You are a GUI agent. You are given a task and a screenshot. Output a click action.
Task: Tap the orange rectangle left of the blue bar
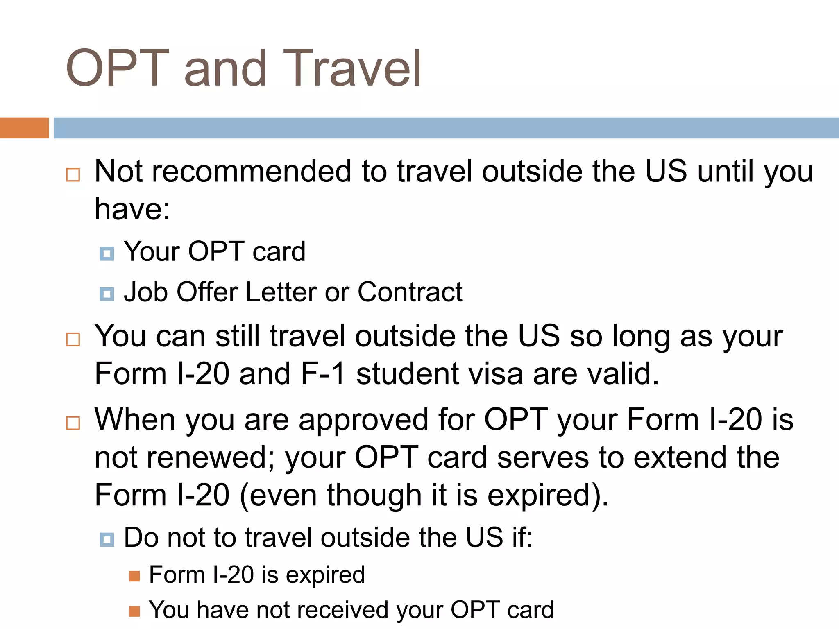pyautogui.click(x=24, y=128)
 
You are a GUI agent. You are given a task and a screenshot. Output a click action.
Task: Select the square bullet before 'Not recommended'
pyautogui.click(x=73, y=175)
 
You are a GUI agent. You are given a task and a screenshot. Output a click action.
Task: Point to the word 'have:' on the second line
pyautogui.click(x=132, y=209)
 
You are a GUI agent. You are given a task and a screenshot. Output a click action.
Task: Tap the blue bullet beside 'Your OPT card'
pyautogui.click(x=107, y=254)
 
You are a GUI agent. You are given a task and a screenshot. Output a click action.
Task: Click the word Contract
pyautogui.click(x=410, y=292)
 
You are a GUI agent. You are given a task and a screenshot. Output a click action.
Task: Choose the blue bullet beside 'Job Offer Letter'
pyautogui.click(x=107, y=294)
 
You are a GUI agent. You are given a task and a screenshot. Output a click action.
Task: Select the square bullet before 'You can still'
pyautogui.click(x=73, y=339)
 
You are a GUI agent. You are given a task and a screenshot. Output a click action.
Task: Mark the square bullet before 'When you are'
pyautogui.click(x=73, y=423)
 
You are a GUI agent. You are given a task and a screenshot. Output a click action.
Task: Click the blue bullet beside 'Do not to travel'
pyautogui.click(x=107, y=540)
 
